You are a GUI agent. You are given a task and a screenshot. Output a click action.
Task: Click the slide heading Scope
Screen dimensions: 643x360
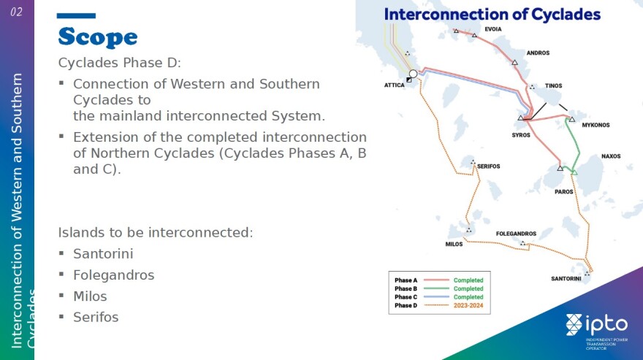pyautogui.click(x=98, y=37)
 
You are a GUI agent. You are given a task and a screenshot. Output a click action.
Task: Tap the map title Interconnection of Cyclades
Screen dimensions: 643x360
pyautogui.click(x=492, y=15)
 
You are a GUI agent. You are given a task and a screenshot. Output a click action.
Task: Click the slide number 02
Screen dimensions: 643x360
pyautogui.click(x=16, y=12)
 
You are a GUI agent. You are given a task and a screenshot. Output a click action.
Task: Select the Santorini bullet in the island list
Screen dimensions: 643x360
pyautogui.click(x=103, y=254)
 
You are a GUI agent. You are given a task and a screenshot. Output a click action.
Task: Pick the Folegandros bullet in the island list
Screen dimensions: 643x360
pyautogui.click(x=113, y=275)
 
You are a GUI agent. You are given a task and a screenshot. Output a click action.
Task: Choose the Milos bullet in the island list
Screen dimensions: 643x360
pyautogui.click(x=90, y=296)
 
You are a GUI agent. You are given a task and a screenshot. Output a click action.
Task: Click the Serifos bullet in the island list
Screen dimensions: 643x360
pyautogui.click(x=96, y=318)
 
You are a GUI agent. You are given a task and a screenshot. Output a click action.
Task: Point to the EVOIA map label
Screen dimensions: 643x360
pyautogui.click(x=493, y=29)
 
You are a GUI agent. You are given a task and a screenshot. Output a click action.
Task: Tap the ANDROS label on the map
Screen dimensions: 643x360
pyautogui.click(x=538, y=53)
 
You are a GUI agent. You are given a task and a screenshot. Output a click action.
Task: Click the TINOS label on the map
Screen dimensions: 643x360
pyautogui.click(x=554, y=85)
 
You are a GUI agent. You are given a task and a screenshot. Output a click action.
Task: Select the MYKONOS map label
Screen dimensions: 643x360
pyautogui.click(x=596, y=125)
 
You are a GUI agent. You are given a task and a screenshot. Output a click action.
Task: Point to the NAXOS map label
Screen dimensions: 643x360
pyautogui.click(x=611, y=156)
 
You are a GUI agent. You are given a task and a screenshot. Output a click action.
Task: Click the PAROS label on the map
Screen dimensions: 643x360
pyautogui.click(x=564, y=192)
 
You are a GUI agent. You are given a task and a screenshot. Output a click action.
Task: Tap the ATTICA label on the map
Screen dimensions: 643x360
pyautogui.click(x=394, y=85)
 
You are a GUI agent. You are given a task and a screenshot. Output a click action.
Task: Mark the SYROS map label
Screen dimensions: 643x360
pyautogui.click(x=521, y=135)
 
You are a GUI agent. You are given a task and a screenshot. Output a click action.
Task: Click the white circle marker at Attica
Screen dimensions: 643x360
pyautogui.click(x=413, y=74)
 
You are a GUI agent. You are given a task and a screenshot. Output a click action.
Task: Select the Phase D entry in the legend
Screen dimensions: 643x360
pyautogui.click(x=406, y=305)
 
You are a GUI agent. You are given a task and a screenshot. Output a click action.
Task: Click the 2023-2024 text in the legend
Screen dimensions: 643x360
pyautogui.click(x=468, y=305)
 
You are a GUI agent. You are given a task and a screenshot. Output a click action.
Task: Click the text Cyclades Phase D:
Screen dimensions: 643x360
pyautogui.click(x=119, y=63)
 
